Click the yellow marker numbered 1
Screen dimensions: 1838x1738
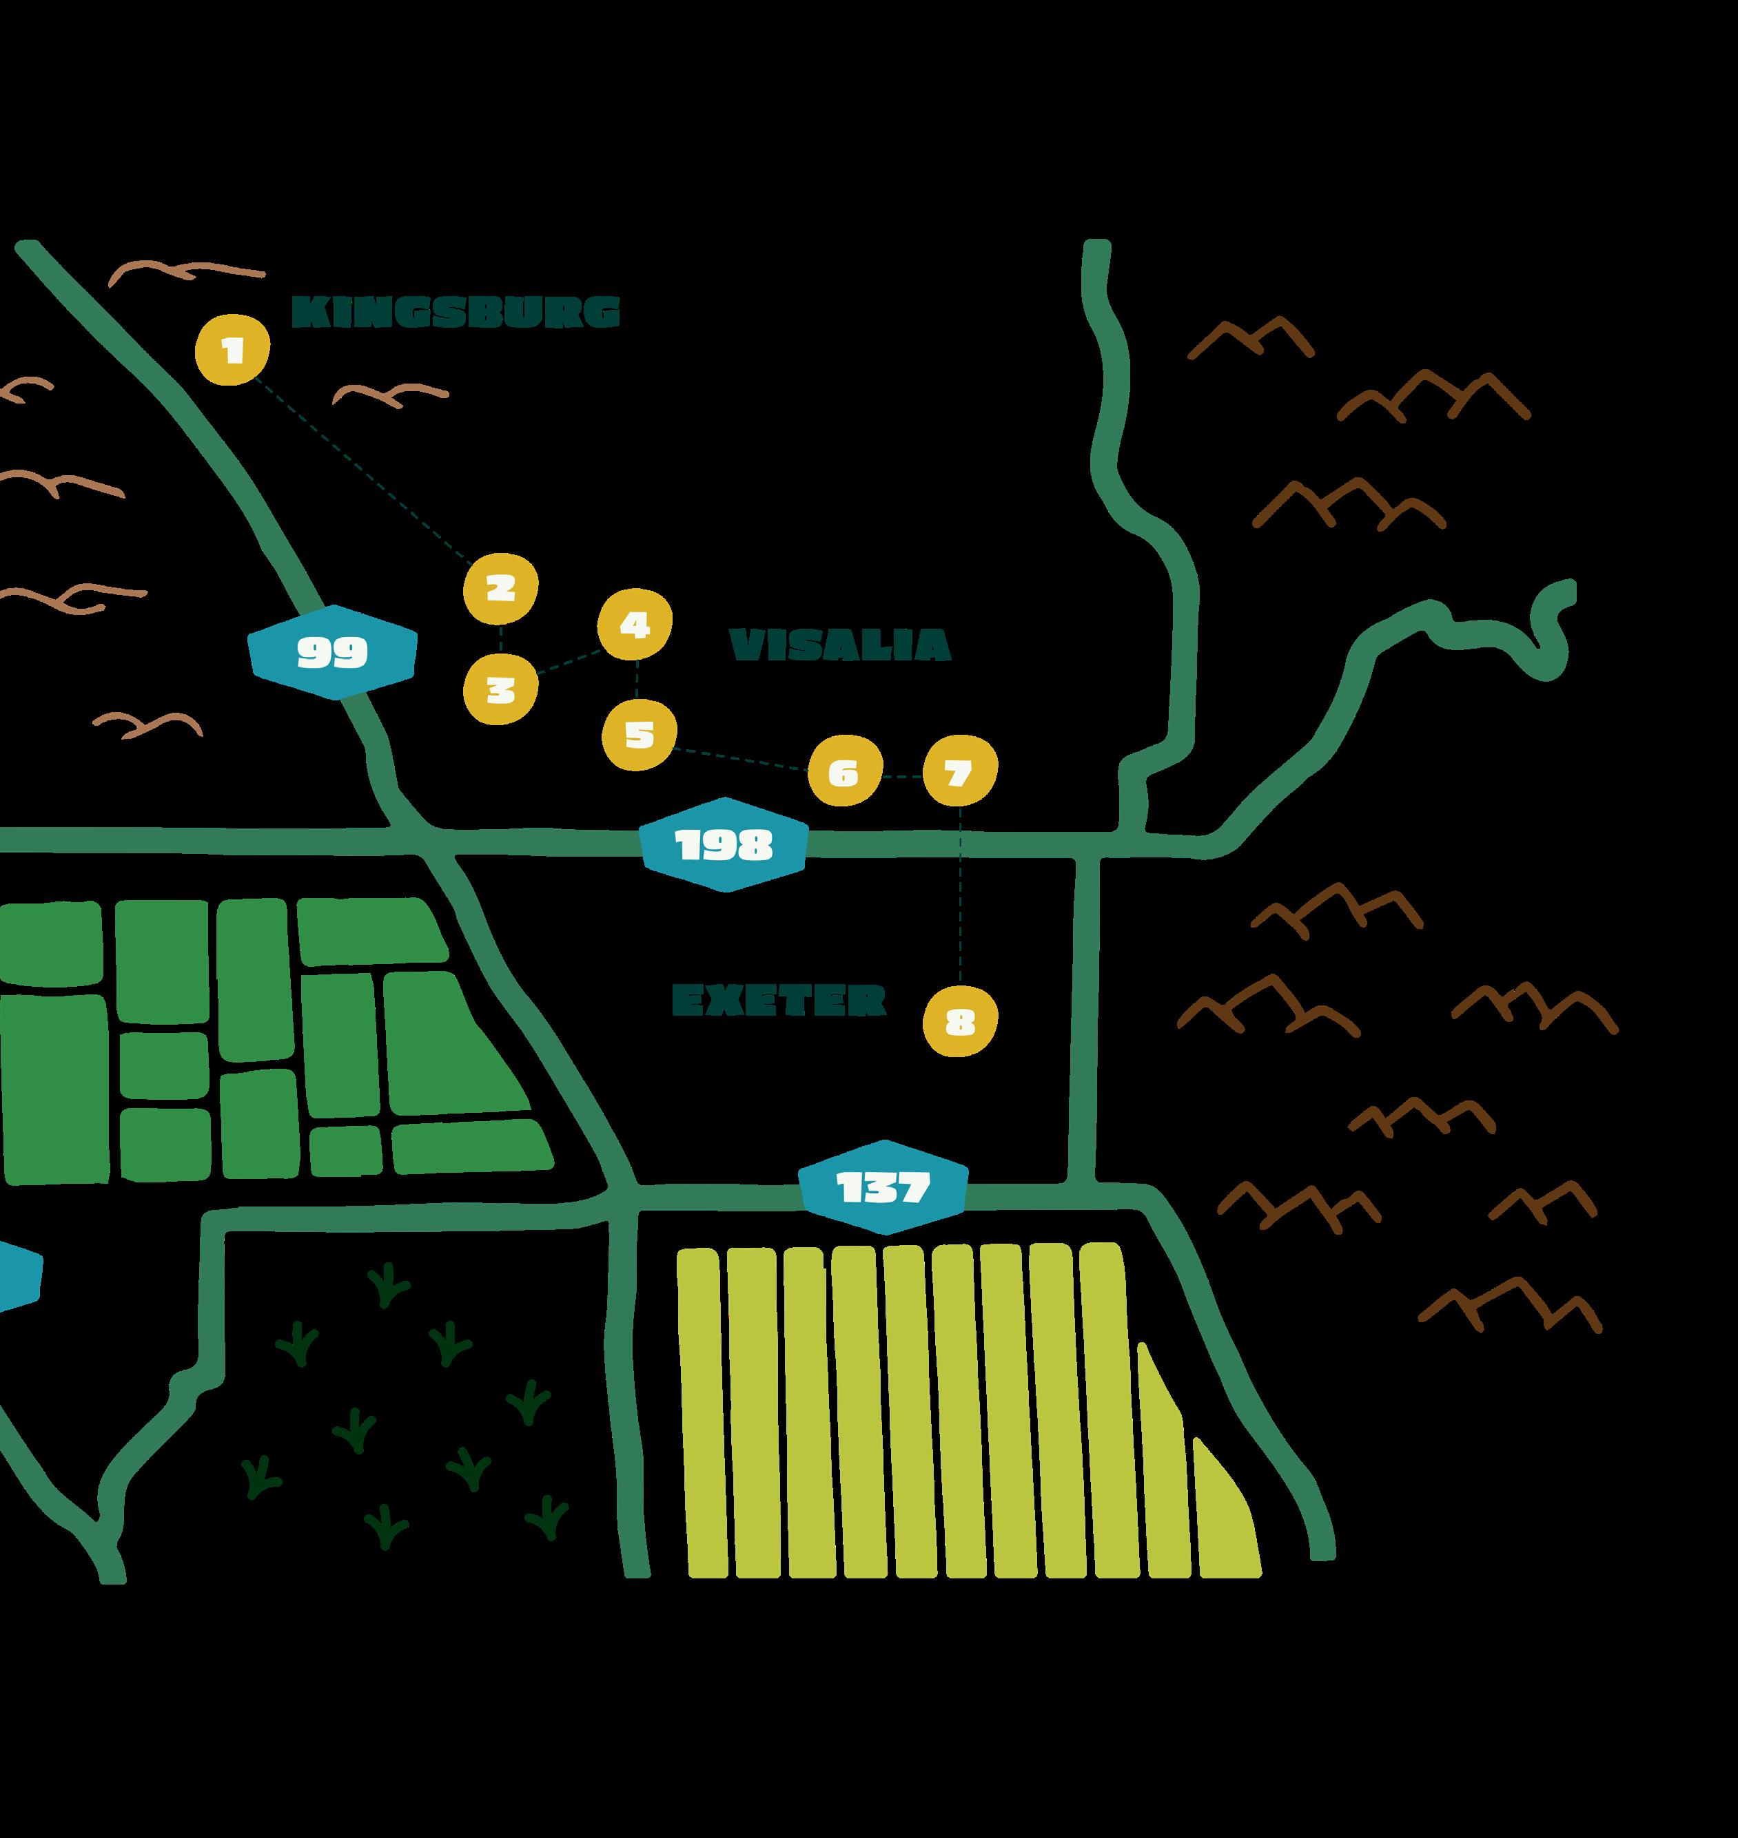pyautogui.click(x=232, y=349)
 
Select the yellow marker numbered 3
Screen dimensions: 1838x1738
pyautogui.click(x=500, y=688)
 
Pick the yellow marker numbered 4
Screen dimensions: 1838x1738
pyautogui.click(x=635, y=624)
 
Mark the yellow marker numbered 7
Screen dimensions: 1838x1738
pyautogui.click(x=960, y=771)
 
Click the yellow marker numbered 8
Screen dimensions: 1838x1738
pyautogui.click(x=961, y=1022)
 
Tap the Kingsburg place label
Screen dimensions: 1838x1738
pyautogui.click(x=456, y=312)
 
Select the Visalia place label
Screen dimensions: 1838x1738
pyautogui.click(x=839, y=645)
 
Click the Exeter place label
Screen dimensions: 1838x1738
pyautogui.click(x=778, y=1000)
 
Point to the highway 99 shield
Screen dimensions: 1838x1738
pyautogui.click(x=333, y=652)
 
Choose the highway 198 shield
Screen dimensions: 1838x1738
pyautogui.click(x=724, y=844)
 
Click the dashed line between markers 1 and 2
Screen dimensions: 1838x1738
pyautogui.click(x=361, y=468)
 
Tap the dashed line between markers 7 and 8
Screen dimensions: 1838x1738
pyautogui.click(x=960, y=894)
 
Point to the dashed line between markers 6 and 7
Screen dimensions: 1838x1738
pyautogui.click(x=901, y=776)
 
